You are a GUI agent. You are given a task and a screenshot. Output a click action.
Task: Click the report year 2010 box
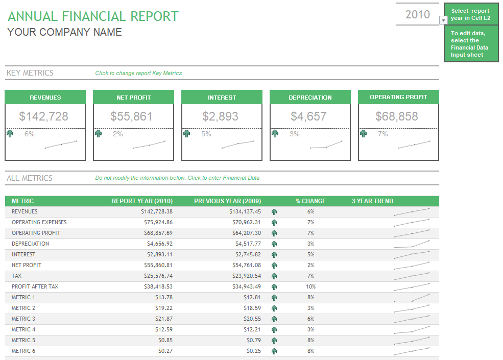tap(417, 14)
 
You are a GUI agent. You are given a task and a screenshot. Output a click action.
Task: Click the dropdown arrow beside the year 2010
tap(443, 20)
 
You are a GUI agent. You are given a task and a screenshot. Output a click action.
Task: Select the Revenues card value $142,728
tap(44, 116)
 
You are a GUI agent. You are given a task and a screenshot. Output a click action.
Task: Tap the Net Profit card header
tap(134, 98)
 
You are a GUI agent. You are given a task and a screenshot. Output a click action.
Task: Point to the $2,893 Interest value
tap(220, 116)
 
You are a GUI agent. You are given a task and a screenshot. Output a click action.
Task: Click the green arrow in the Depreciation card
tap(275, 134)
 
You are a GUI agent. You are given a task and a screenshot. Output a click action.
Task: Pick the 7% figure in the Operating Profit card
tap(382, 134)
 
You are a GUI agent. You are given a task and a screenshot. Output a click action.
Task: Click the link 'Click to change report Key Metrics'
tap(138, 73)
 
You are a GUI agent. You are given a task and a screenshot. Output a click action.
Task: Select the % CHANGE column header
tap(310, 201)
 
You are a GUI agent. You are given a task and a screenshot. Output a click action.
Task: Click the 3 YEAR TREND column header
tap(372, 201)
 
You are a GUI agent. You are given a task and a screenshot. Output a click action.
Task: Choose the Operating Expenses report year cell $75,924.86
tap(159, 222)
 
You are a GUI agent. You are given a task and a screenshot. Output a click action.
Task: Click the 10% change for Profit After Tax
tap(310, 286)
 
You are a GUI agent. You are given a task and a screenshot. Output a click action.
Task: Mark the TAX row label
tap(16, 276)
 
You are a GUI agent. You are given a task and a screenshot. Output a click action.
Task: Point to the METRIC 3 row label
tap(23, 319)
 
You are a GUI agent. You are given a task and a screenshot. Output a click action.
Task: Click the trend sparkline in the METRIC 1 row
tap(412, 298)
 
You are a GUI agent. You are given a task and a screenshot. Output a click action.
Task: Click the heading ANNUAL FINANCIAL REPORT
tap(93, 16)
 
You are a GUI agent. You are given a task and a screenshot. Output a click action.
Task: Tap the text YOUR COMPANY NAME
tap(64, 32)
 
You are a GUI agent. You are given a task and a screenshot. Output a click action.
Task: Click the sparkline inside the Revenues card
tap(61, 145)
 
